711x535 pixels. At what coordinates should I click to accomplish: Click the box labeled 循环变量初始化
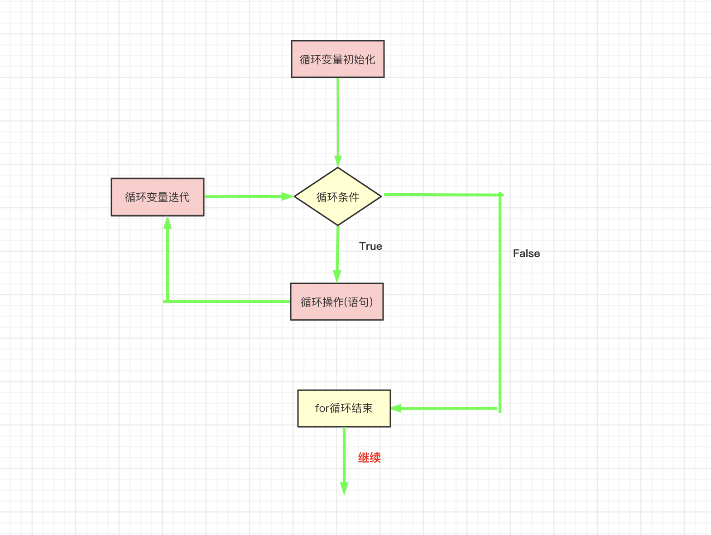(x=337, y=59)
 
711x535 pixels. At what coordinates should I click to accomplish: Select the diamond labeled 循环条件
(x=338, y=197)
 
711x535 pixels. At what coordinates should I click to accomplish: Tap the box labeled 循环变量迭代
(x=158, y=197)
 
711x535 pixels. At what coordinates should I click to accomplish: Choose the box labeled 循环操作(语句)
(x=337, y=302)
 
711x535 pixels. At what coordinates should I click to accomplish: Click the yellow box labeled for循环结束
(x=344, y=408)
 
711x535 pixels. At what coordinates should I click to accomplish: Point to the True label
(x=370, y=246)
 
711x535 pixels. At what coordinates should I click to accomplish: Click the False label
(x=526, y=253)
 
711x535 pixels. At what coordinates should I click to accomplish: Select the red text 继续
(x=370, y=458)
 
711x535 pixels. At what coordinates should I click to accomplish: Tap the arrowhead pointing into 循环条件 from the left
(x=288, y=196)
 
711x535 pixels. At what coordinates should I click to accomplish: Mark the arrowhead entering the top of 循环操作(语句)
(x=337, y=277)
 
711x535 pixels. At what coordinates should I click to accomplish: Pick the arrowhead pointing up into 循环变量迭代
(x=168, y=222)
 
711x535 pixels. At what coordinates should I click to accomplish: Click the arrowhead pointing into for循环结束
(x=396, y=408)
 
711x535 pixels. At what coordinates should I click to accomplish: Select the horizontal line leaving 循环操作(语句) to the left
(x=226, y=301)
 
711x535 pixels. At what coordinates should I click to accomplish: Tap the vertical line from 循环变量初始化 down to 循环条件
(x=338, y=118)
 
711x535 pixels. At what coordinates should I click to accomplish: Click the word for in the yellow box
(x=322, y=408)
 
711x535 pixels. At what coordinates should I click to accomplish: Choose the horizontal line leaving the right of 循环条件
(x=442, y=195)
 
